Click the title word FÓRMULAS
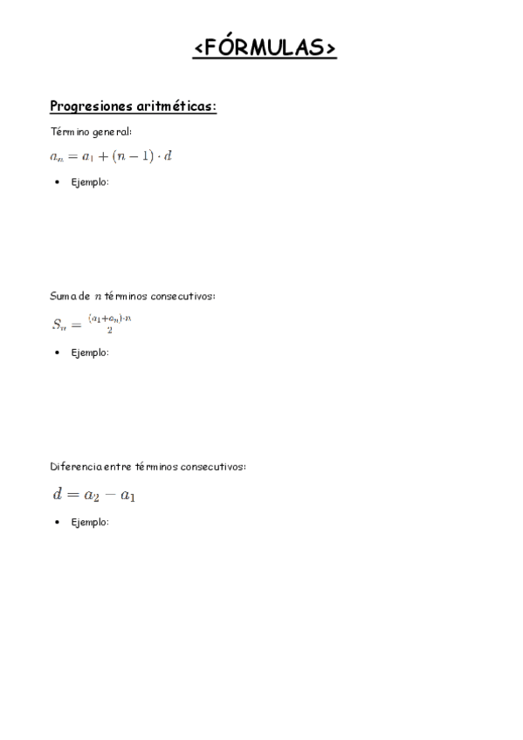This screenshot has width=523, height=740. click(x=265, y=47)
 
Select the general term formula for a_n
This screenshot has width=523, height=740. click(x=111, y=156)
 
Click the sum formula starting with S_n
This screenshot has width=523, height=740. click(x=91, y=324)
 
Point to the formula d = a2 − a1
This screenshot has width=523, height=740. click(x=93, y=495)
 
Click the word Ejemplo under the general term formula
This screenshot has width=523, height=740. click(x=90, y=182)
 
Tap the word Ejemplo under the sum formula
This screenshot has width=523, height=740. click(x=90, y=353)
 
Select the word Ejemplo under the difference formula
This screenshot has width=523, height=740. click(x=90, y=522)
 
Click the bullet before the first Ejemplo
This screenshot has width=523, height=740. click(x=57, y=182)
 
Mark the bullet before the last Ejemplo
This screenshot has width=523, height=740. click(x=57, y=522)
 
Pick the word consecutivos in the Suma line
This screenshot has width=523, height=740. click(x=186, y=296)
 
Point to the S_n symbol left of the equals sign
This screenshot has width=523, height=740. click(x=58, y=325)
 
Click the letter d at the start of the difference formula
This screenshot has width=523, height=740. click(x=58, y=494)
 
